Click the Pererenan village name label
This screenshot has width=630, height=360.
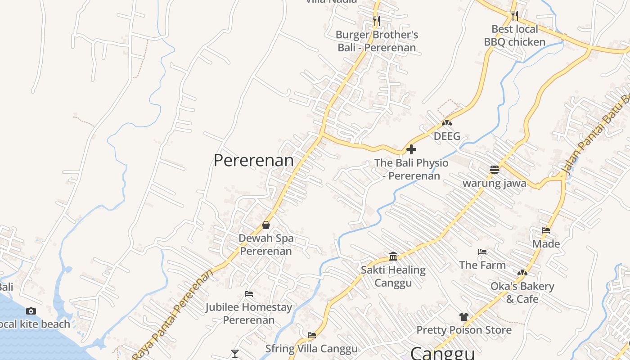point(253,161)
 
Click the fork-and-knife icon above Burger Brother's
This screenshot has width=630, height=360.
point(376,21)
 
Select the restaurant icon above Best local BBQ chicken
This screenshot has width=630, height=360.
point(515,16)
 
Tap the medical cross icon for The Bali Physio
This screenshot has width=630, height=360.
point(411,149)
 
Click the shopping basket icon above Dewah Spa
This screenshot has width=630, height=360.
point(266,225)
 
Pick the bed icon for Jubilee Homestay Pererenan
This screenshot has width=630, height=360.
point(249,294)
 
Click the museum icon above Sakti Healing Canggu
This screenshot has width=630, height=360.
point(393,256)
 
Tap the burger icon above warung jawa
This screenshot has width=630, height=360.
point(495,170)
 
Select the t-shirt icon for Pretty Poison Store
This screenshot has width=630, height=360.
point(464,317)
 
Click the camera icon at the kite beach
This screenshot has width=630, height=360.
point(31,311)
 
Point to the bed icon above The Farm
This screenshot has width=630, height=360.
point(482,252)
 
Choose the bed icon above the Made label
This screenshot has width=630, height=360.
point(546,230)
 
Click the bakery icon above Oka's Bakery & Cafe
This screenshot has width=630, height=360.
point(522,273)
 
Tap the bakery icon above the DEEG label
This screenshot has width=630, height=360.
point(446,122)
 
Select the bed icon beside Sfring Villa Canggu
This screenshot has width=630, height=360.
point(312,335)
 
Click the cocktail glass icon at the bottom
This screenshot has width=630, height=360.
point(234,354)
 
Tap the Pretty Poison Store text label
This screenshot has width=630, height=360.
point(464,330)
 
